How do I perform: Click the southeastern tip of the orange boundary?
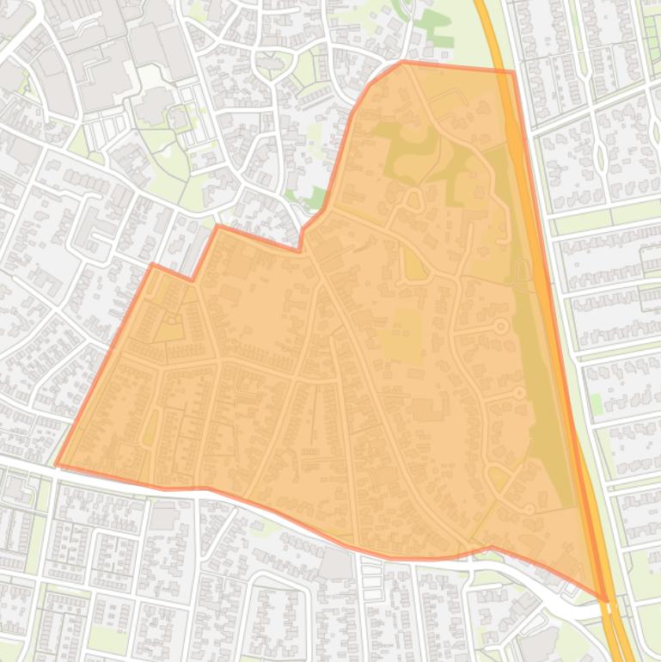pyautogui.click(x=606, y=600)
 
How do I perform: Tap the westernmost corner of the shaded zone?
pyautogui.click(x=57, y=465)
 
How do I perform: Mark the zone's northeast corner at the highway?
pyautogui.click(x=513, y=72)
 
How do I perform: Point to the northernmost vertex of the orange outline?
pyautogui.click(x=402, y=62)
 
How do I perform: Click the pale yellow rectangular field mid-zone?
pyautogui.click(x=400, y=335)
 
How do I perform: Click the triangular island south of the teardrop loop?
pyautogui.click(x=415, y=267)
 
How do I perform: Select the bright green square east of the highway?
pyautogui.click(x=597, y=403)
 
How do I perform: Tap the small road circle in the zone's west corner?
pyautogui.click(x=175, y=321)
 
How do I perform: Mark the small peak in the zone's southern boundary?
pyautogui.click(x=491, y=547)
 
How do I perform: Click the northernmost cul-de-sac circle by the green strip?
pyautogui.click(x=499, y=326)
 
